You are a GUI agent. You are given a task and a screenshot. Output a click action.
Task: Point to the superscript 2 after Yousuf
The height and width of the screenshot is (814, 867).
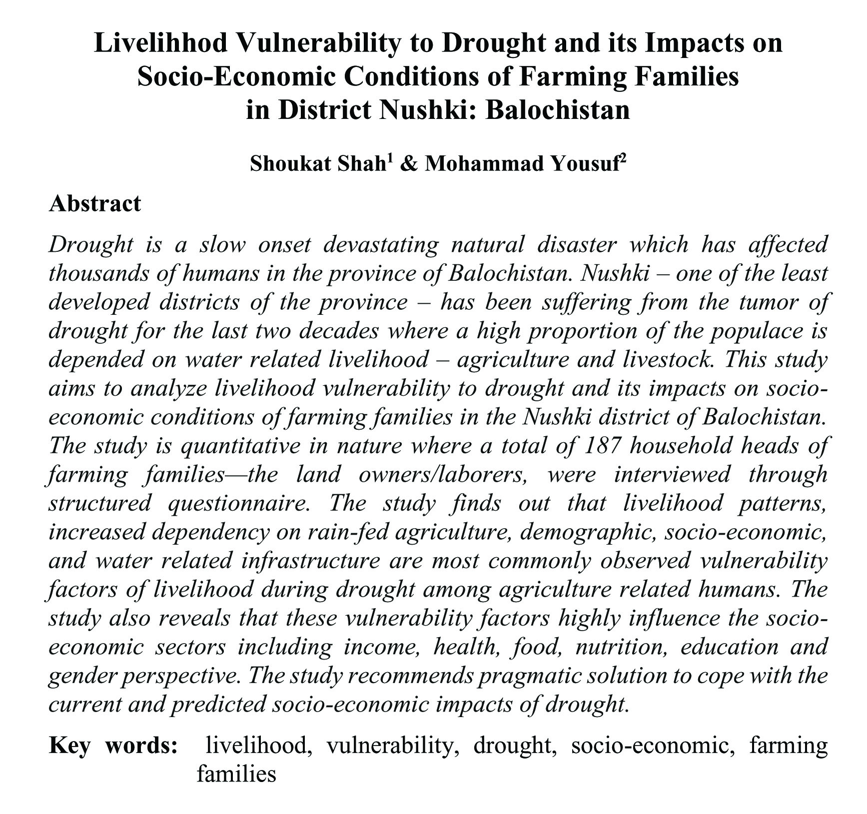[x=623, y=158]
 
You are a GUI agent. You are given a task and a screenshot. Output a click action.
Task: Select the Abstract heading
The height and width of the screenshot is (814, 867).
[x=95, y=204]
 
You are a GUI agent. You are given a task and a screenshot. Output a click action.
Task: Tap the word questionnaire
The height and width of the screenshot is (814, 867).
[x=237, y=503]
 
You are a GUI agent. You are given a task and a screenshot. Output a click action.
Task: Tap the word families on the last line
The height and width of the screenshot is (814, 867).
[x=236, y=775]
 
